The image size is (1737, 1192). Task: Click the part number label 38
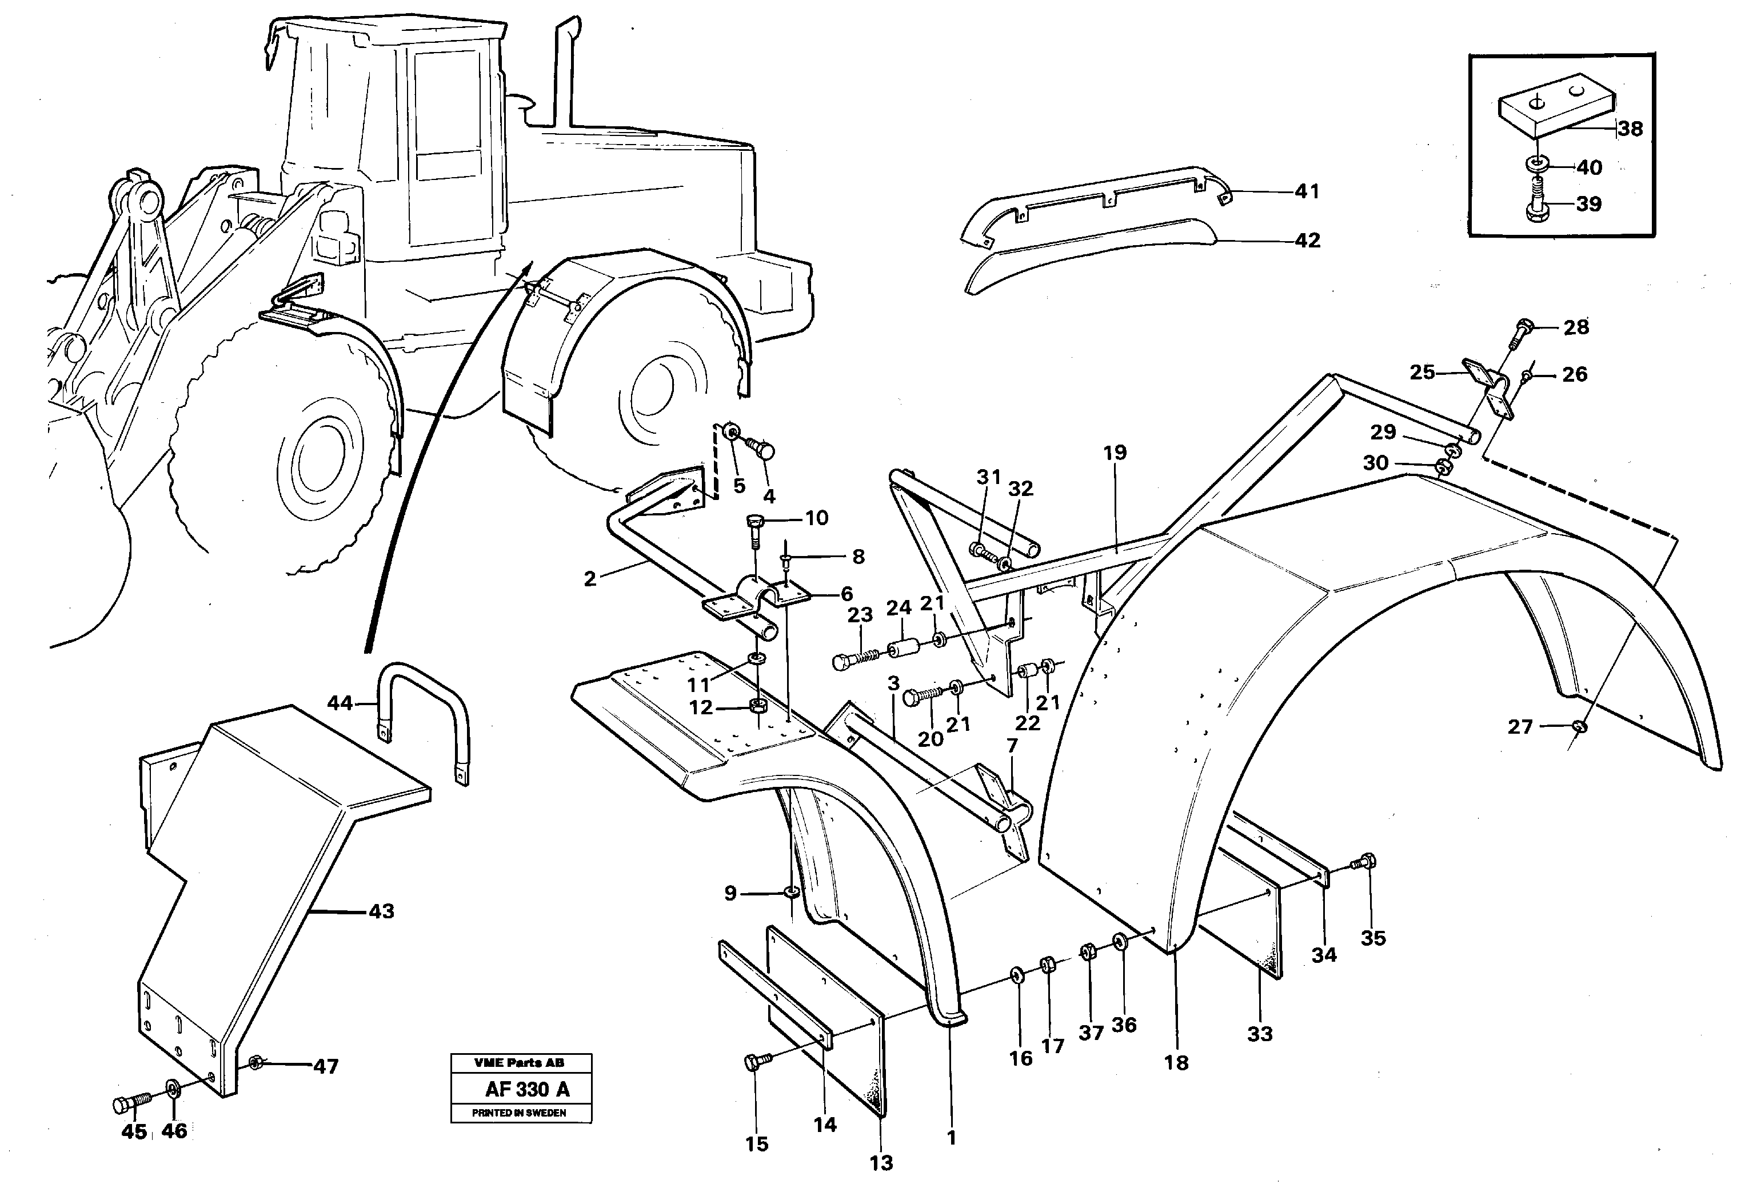(x=1630, y=129)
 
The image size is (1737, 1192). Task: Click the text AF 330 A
(x=527, y=1090)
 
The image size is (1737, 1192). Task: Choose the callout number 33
(x=1260, y=1034)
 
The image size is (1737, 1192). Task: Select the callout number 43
(x=381, y=912)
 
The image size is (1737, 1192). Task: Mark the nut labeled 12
(x=757, y=706)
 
